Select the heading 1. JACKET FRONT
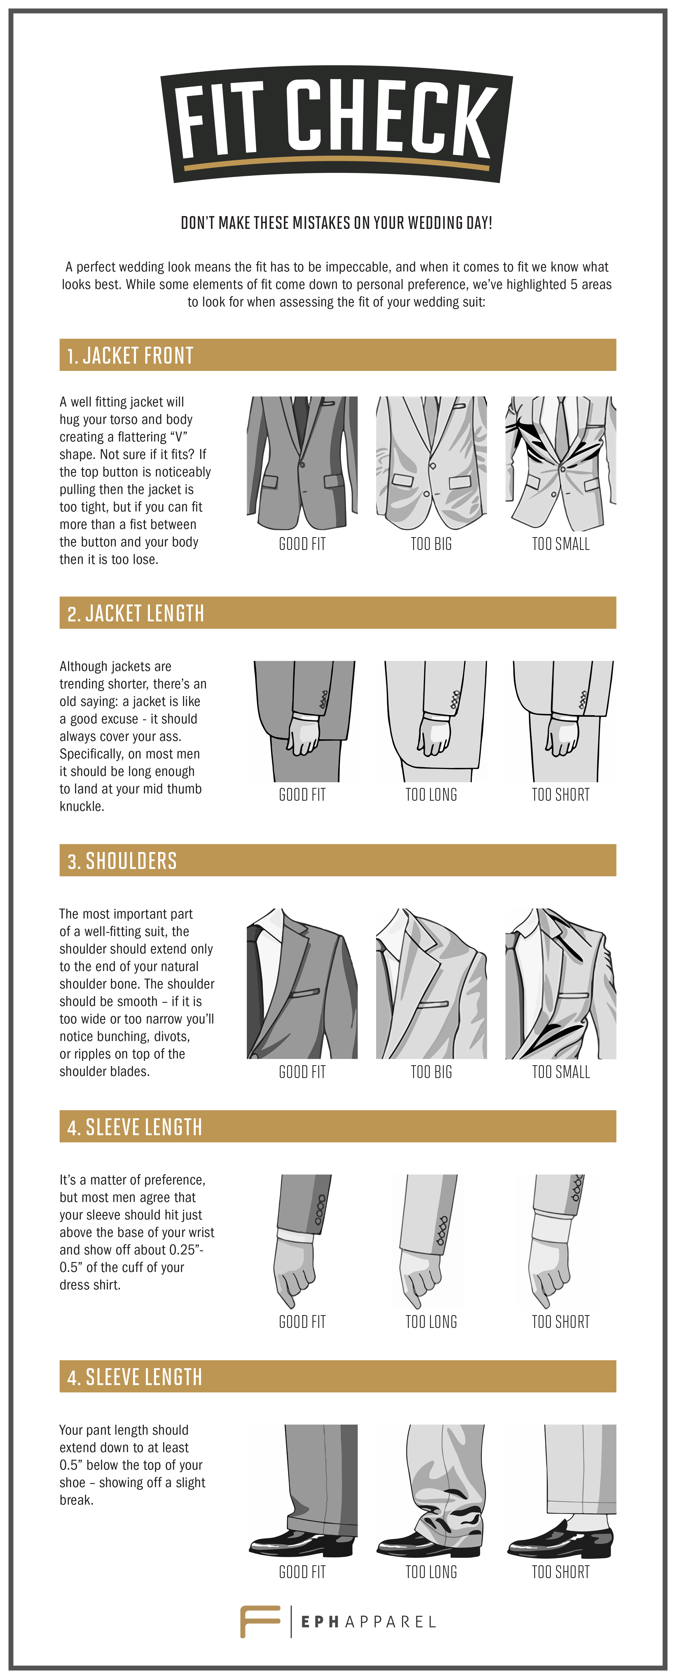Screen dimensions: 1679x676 coord(130,355)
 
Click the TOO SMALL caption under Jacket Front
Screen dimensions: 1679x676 coord(561,544)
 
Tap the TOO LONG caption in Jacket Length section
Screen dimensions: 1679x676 coord(431,795)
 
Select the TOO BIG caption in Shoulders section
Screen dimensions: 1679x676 coord(431,1072)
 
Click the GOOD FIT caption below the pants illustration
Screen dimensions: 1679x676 coord(302,1572)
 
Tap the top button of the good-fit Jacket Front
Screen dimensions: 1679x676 coord(302,464)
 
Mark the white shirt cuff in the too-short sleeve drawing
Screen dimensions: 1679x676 coord(551,1225)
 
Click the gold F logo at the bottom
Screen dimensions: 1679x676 coord(259,1622)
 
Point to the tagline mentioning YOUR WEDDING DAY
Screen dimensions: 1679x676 coord(336,223)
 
